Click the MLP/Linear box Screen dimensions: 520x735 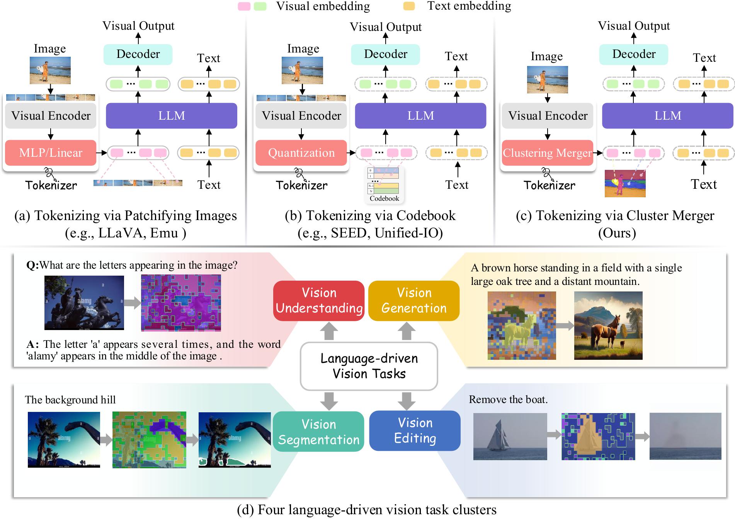pyautogui.click(x=50, y=153)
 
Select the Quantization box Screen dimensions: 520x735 pyautogui.click(x=301, y=153)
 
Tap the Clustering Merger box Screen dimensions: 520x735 pyautogui.click(x=547, y=153)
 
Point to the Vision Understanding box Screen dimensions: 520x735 pyautogui.click(x=319, y=301)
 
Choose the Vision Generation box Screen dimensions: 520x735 pyautogui.click(x=414, y=301)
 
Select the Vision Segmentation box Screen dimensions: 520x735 pyautogui.click(x=318, y=432)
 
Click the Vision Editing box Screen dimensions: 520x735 pyautogui.click(x=415, y=430)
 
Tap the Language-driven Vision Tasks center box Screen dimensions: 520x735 pyautogui.click(x=369, y=366)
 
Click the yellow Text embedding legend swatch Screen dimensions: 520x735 pyautogui.click(x=409, y=6)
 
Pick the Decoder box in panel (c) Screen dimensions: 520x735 pyautogui.click(x=633, y=54)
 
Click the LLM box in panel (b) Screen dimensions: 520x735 pyautogui.click(x=420, y=115)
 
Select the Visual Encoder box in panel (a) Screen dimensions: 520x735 pyautogui.click(x=51, y=115)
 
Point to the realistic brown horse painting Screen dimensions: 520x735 pyautogui.click(x=608, y=325)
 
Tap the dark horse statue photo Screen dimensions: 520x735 pyautogui.click(x=84, y=303)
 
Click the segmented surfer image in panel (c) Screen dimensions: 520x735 pyautogui.click(x=625, y=183)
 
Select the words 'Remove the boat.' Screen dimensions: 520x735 pyautogui.click(x=508, y=400)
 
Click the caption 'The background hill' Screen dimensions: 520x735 pyautogui.click(x=70, y=400)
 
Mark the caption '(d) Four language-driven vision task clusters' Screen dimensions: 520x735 pyautogui.click(x=366, y=510)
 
